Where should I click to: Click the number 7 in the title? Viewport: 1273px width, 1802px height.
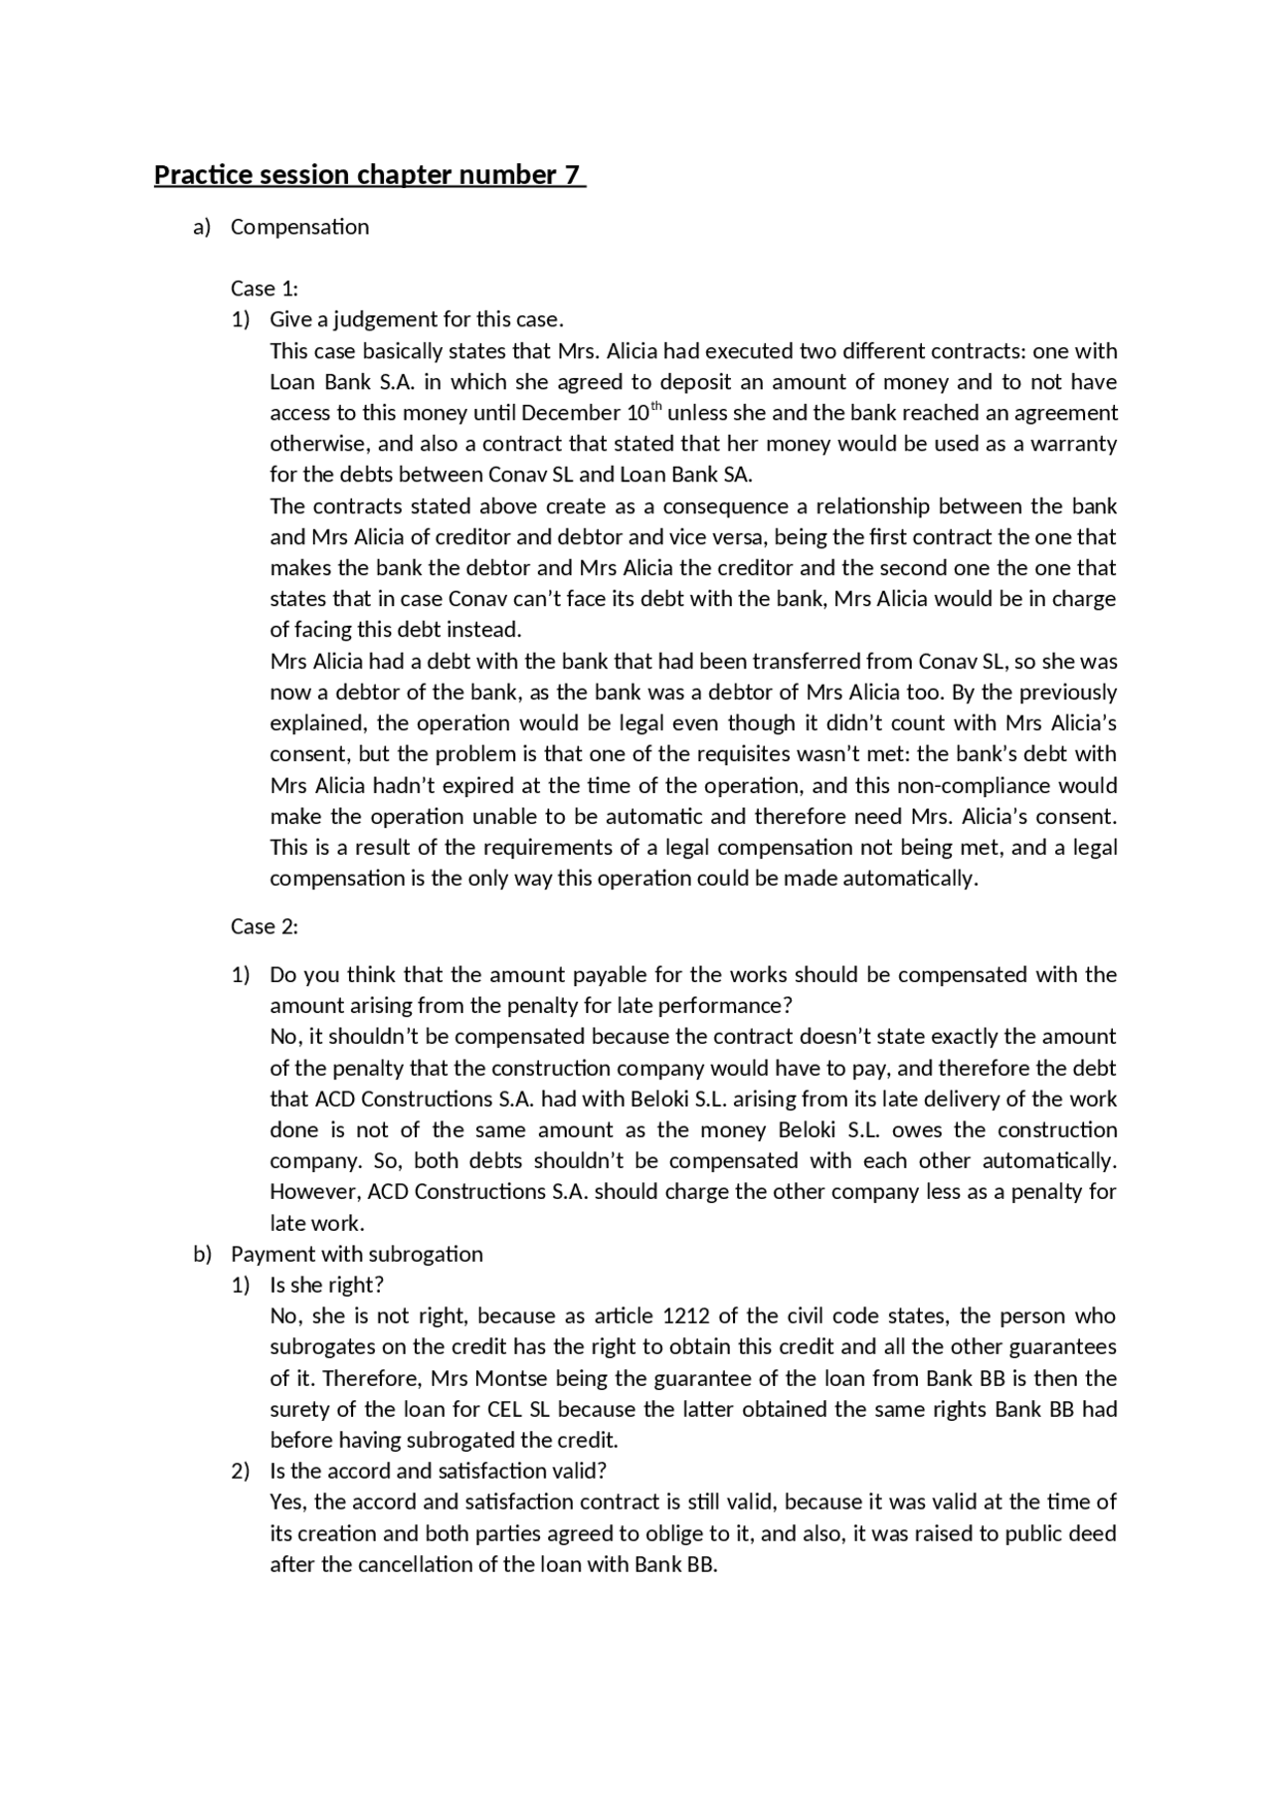(x=571, y=175)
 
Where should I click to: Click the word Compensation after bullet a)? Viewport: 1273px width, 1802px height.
(x=299, y=227)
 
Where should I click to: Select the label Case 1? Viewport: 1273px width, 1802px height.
(x=264, y=289)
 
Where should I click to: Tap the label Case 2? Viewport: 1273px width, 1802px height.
(x=264, y=926)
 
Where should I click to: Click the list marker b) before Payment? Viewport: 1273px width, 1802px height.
(x=202, y=1254)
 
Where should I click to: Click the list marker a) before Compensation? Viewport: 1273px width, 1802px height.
(x=202, y=227)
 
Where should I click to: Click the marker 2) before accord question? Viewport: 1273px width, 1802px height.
(x=241, y=1471)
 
